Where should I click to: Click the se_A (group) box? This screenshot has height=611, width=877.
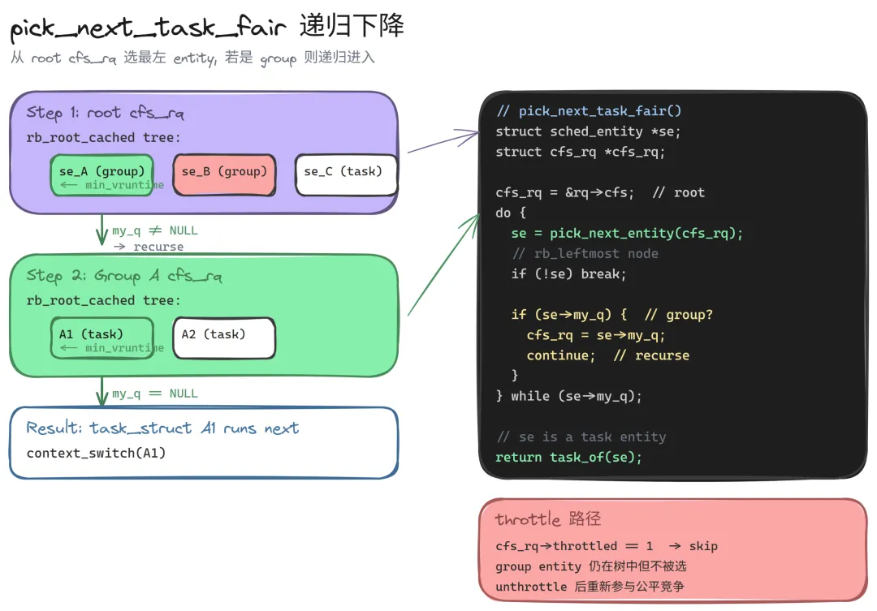[x=102, y=175]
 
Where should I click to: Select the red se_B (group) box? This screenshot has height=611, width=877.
[x=224, y=175]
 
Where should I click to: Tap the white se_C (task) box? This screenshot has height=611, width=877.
[x=346, y=175]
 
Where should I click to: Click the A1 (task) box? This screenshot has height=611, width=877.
[x=102, y=338]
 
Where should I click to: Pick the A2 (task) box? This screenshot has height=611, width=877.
[x=224, y=338]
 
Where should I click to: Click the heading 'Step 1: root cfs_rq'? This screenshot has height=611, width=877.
[x=105, y=113]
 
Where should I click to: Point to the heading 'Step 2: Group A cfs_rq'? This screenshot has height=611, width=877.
[x=124, y=276]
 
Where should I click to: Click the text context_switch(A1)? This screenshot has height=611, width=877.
[x=96, y=453]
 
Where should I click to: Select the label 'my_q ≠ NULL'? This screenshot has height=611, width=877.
[x=155, y=230]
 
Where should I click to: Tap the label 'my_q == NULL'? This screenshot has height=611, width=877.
[x=155, y=394]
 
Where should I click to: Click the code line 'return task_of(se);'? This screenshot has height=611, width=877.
[x=568, y=458]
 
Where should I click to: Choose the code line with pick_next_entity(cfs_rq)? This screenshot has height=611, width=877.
[x=627, y=233]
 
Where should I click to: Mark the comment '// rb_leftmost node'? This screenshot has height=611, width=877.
[x=585, y=254]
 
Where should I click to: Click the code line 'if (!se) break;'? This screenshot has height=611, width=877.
[x=568, y=274]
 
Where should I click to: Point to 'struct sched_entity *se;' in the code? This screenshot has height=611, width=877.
[x=588, y=131]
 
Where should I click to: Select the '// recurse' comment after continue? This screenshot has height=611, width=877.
[x=651, y=355]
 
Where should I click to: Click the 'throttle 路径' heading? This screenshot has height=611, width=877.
[x=548, y=518]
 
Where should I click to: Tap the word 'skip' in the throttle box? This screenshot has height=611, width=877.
[x=703, y=546]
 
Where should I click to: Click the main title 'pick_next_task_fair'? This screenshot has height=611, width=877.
[x=149, y=28]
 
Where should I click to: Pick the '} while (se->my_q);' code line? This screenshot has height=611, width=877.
[x=568, y=396]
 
